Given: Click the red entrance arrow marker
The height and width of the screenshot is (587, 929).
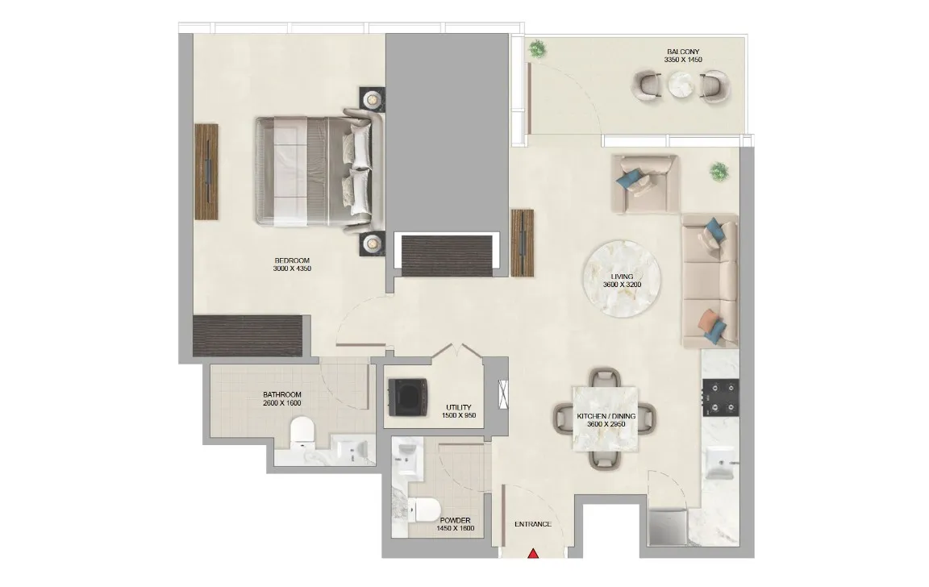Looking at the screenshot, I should pyautogui.click(x=533, y=554).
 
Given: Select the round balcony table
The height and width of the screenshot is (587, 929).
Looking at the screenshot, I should pyautogui.click(x=682, y=84).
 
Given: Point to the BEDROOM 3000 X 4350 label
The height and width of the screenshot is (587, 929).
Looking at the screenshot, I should pyautogui.click(x=293, y=264).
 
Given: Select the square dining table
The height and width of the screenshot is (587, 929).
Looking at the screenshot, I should pyautogui.click(x=604, y=418).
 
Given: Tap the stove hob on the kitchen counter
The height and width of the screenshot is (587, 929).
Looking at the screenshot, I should pyautogui.click(x=719, y=396).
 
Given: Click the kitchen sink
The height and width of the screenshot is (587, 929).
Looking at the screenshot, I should pyautogui.click(x=718, y=464).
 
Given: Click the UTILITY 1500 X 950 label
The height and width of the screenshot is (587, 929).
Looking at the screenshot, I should pyautogui.click(x=459, y=411).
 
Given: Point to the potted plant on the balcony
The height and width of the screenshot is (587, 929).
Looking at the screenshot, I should pyautogui.click(x=536, y=50).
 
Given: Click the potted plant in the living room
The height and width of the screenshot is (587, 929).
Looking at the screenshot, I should pyautogui.click(x=718, y=171).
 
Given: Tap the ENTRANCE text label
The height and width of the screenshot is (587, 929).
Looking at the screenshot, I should pyautogui.click(x=533, y=524).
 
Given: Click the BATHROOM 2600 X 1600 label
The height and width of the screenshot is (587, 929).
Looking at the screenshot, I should pyautogui.click(x=282, y=398).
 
